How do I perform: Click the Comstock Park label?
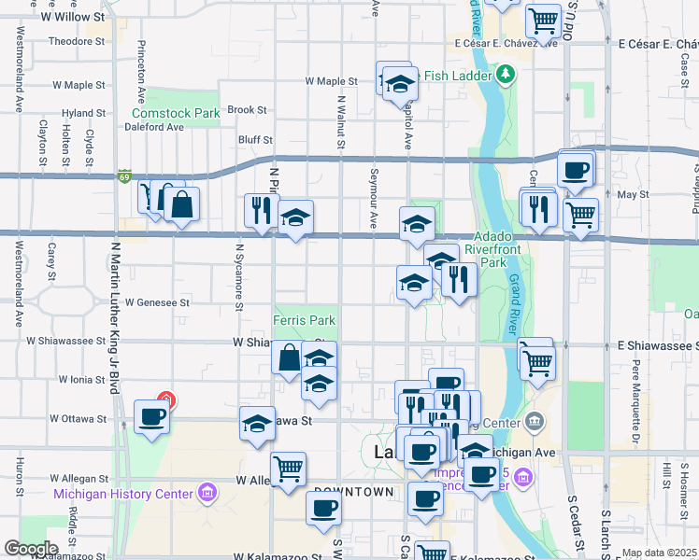[175, 114]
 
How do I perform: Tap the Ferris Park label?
[304, 320]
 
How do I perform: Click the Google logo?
[32, 549]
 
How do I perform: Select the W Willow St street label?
[72, 17]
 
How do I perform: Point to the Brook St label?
[247, 109]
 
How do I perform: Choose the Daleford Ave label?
[156, 128]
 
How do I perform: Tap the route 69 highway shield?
[124, 175]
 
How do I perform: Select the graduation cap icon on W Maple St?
[400, 84]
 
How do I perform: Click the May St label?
[633, 195]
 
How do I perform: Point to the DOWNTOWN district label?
[353, 491]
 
